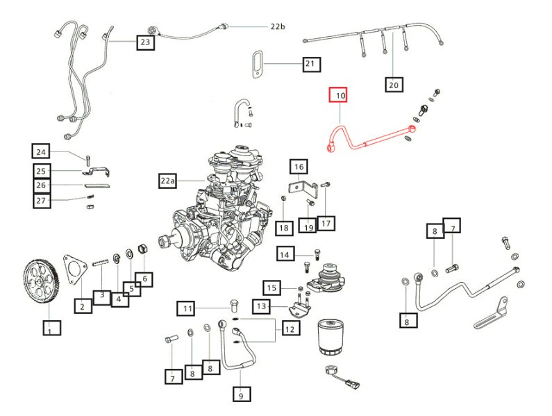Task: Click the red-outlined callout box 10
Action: pyautogui.click(x=340, y=94)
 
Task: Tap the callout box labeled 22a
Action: pyautogui.click(x=168, y=181)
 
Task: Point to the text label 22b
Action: pyautogui.click(x=278, y=26)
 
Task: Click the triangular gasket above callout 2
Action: pyautogui.click(x=74, y=265)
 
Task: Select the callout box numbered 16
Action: pyautogui.click(x=299, y=167)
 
